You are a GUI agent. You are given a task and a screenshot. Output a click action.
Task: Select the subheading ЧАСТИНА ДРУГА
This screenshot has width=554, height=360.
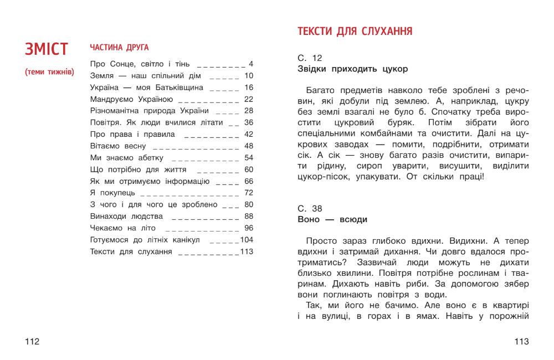pos(119,48)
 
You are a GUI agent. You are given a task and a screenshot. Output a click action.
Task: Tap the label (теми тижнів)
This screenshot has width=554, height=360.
pos(49,73)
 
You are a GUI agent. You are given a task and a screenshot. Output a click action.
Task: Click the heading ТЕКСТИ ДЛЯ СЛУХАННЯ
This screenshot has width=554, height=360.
pos(355,31)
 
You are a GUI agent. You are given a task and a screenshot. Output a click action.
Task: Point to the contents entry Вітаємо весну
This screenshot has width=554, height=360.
pos(118,146)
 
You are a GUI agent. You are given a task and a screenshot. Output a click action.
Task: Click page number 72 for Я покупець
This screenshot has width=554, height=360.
pos(248,193)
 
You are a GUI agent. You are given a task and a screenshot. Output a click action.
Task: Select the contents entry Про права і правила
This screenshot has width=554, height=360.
pos(132,135)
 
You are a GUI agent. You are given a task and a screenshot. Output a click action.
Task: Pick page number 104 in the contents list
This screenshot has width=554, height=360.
pos(247,240)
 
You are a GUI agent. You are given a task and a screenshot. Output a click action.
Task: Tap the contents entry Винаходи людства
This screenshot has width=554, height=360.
pos(126,216)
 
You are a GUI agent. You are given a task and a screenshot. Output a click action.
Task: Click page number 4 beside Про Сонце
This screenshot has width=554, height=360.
pos(251,64)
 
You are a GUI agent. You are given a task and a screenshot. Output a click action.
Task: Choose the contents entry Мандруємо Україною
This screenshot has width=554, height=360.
pos(131,99)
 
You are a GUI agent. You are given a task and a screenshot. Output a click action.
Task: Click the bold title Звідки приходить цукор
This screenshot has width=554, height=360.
pos(352,69)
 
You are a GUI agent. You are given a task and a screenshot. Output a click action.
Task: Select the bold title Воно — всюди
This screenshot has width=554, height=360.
pos(332,219)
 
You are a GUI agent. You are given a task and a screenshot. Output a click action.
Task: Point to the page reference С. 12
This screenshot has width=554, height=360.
pos(310,58)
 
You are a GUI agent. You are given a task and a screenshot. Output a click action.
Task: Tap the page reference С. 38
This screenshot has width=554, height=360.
pos(310,208)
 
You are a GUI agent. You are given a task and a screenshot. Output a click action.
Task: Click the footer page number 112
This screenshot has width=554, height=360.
pos(32,341)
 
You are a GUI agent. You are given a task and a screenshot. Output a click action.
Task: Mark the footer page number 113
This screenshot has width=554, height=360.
pos(522,341)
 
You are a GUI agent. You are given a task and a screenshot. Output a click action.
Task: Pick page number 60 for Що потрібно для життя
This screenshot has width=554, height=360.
pos(248,169)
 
